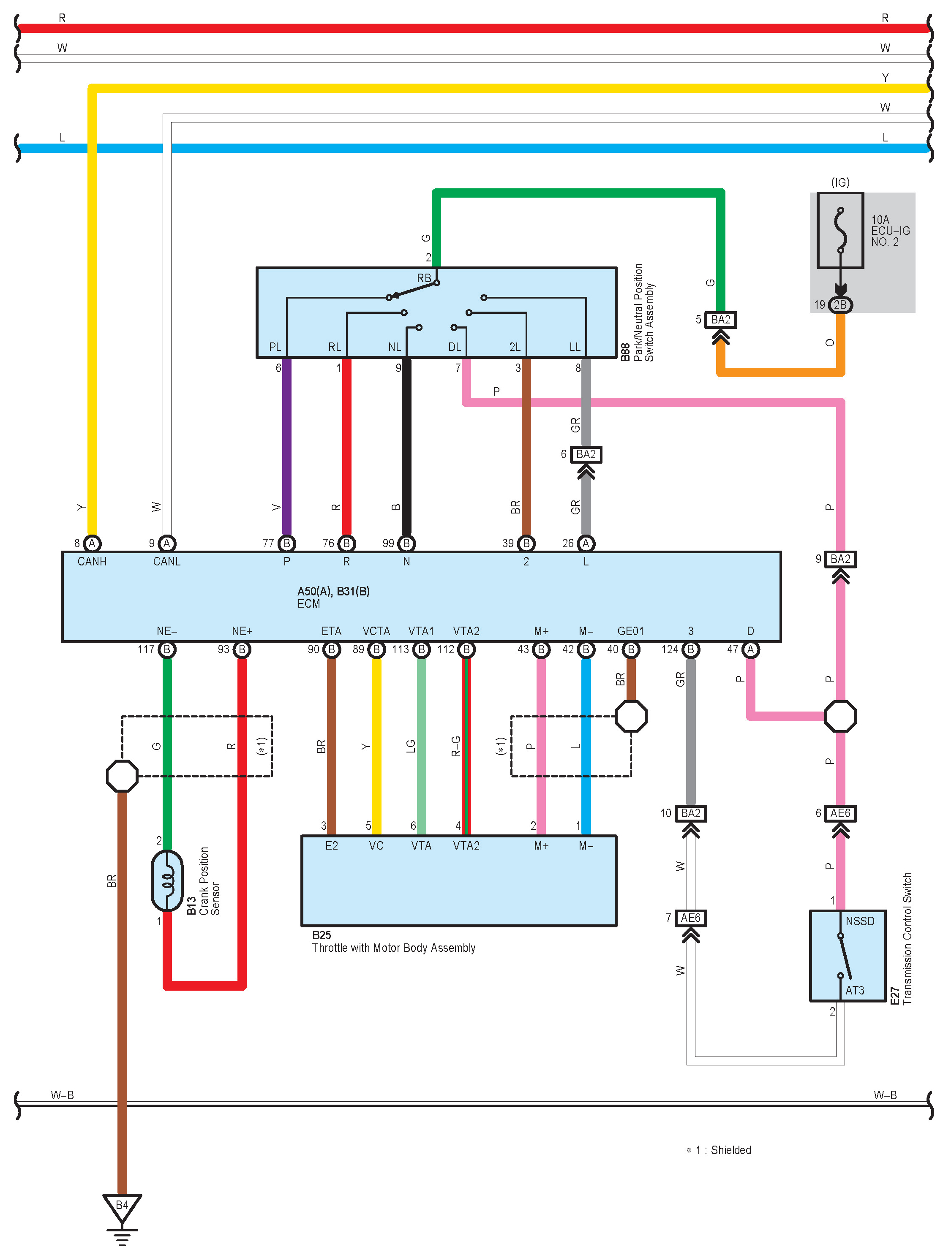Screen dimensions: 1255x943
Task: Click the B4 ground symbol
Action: (122, 1207)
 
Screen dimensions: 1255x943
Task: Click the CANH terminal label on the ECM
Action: (92, 562)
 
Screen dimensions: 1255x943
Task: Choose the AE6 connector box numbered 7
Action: (690, 918)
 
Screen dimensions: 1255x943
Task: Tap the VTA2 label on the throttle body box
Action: (466, 846)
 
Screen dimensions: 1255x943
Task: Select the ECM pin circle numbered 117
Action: (167, 649)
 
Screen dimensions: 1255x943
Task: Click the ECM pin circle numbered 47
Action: (750, 649)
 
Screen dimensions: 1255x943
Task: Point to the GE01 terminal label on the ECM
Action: (630, 631)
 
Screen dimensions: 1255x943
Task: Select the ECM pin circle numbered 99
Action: (406, 543)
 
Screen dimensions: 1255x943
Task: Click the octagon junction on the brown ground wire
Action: (122, 776)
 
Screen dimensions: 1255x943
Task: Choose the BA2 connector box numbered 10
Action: (690, 814)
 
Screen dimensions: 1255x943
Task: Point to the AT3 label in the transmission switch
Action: (854, 991)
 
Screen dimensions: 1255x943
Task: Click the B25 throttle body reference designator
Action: (322, 935)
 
